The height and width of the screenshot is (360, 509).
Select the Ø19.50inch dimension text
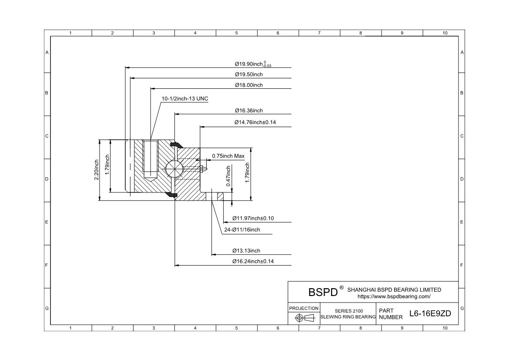249,74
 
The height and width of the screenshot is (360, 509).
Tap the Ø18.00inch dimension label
249,85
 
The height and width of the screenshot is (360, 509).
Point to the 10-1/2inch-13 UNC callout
185,99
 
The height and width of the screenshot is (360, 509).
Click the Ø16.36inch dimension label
249,111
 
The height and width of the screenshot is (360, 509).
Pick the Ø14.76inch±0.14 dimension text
255,122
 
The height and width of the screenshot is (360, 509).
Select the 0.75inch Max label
228,156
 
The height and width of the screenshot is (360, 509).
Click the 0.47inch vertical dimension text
228,176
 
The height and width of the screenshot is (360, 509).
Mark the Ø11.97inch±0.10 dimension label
253,218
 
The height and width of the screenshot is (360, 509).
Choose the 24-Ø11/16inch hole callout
245,229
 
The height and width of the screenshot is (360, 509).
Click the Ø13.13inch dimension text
246,251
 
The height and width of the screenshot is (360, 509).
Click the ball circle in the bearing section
174,168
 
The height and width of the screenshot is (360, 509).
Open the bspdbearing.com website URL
394,296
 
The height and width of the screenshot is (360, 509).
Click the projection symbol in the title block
305,318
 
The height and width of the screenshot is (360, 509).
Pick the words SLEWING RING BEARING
348,317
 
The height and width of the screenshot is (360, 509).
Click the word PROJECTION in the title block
304,308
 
